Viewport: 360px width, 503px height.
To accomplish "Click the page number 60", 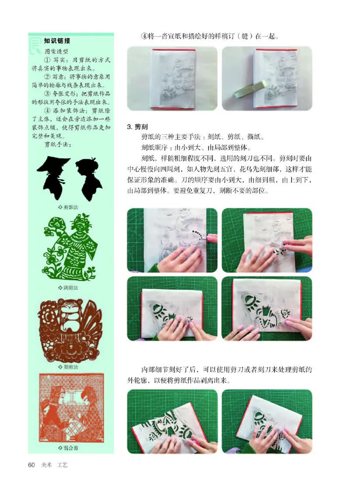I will pos(31,465).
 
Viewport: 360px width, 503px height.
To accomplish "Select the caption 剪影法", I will pos(68,207).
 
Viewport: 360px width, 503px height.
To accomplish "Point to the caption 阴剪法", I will pos(68,287).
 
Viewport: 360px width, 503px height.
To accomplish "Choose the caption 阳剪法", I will pos(68,367).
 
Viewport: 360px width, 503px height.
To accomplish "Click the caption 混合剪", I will pos(68,448).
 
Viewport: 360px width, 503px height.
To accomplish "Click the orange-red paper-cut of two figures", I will pos(71,407).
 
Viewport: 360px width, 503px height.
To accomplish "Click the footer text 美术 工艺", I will pos(54,465).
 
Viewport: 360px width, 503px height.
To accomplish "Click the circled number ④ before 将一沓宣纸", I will pos(144,36).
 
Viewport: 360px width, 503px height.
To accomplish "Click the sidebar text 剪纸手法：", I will pos(57,144).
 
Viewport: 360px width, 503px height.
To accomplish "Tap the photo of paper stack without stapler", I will pos(172,79).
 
